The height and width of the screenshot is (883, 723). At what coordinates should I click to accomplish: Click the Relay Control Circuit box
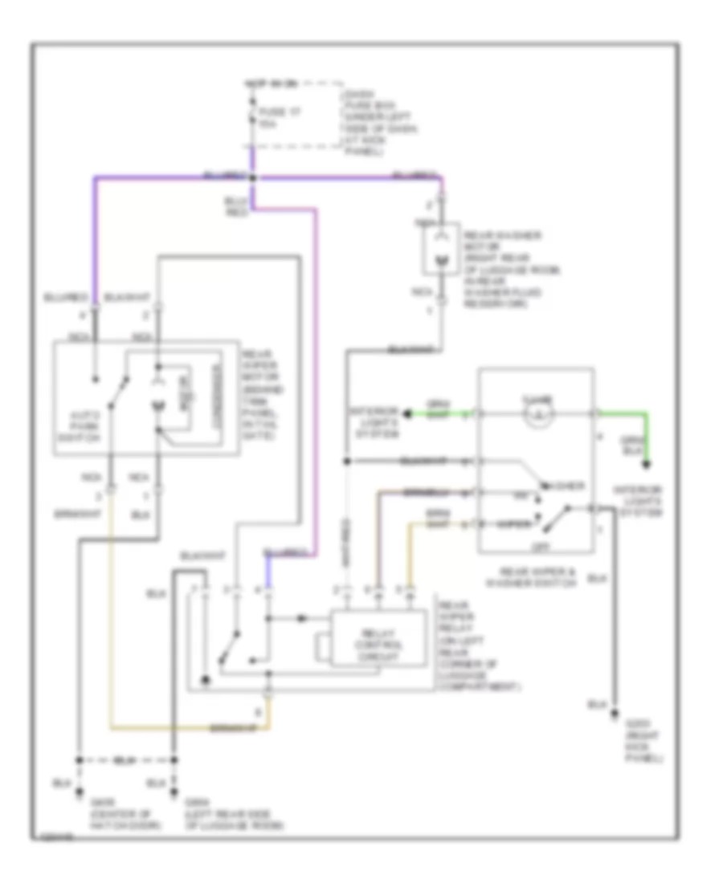[380, 638]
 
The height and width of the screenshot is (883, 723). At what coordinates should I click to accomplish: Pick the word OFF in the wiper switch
[536, 544]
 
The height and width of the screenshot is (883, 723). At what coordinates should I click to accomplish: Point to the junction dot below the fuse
[252, 177]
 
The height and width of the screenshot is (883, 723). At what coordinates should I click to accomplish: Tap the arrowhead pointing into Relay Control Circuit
[302, 618]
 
